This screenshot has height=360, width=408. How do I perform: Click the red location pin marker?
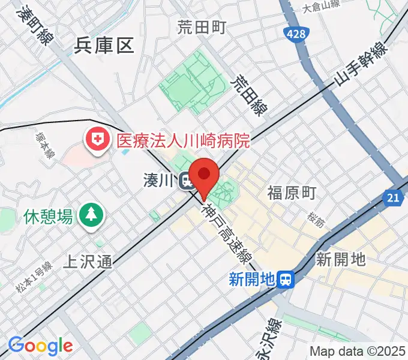(205, 175)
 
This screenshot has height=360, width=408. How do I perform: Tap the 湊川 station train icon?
(187, 180)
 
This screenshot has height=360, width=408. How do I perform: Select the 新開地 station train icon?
(287, 278)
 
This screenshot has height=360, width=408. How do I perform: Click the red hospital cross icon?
(96, 141)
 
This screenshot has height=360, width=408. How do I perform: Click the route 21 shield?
(393, 197)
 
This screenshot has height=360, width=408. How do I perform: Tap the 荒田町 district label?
(201, 27)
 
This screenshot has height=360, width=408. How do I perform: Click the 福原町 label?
(292, 193)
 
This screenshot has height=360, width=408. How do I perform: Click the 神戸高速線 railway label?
(226, 235)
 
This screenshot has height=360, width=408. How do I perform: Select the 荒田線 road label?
(249, 95)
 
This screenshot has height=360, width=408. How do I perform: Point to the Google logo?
(40, 345)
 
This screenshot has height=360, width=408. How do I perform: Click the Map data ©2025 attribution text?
(356, 351)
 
